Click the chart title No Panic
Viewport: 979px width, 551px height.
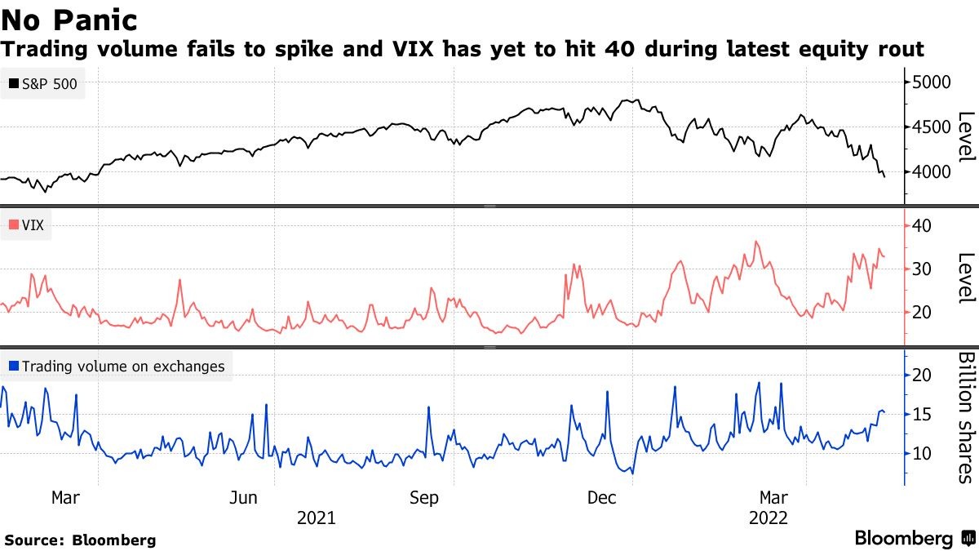(69, 20)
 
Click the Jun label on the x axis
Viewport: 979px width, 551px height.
(245, 497)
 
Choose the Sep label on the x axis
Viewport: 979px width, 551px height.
(424, 497)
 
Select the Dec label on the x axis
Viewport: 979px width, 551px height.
(603, 497)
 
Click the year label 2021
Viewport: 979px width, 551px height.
(316, 518)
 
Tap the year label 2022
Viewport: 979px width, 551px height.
(768, 518)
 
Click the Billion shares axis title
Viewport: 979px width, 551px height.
(966, 417)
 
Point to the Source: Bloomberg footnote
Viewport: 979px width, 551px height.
(80, 540)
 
